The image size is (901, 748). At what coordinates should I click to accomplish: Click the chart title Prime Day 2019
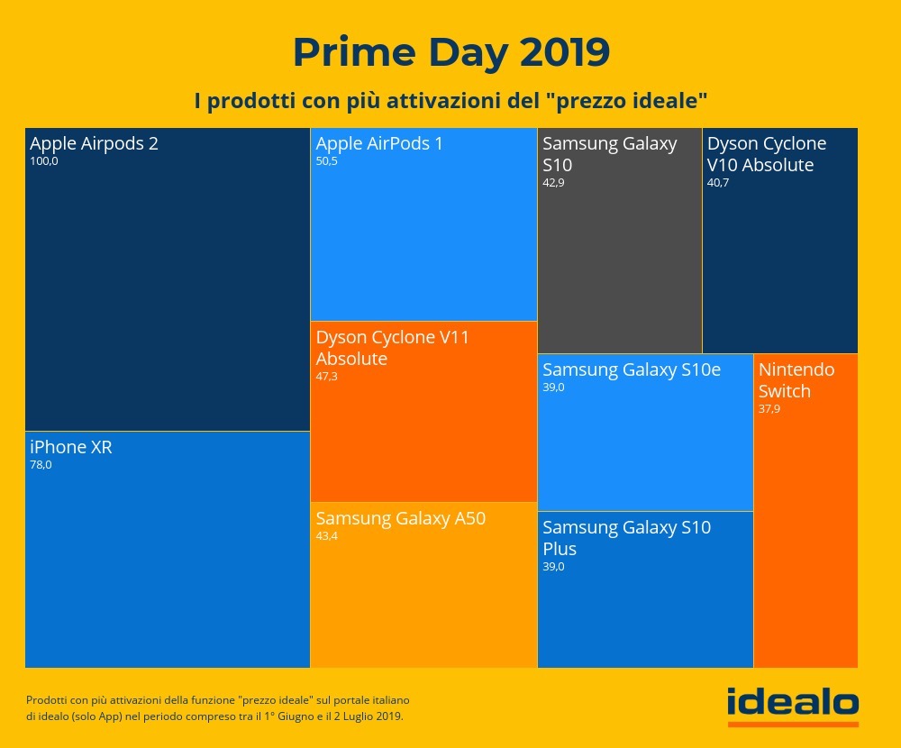click(450, 53)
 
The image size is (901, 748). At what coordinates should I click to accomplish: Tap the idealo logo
click(793, 704)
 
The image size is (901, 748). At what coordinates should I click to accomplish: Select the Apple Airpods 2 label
click(94, 143)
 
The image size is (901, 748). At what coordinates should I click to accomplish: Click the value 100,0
click(43, 162)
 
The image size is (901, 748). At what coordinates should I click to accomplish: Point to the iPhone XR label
click(71, 447)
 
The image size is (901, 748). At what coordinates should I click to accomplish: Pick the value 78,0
click(41, 466)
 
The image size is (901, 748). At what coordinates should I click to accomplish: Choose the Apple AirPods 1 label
click(379, 143)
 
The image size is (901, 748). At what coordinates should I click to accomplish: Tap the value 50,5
click(326, 162)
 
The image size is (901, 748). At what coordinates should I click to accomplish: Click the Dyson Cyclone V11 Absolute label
click(392, 348)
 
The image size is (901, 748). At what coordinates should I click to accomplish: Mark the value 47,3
click(326, 377)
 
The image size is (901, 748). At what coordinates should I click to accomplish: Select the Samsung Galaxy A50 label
click(400, 518)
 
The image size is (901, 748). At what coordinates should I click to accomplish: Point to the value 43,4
click(326, 537)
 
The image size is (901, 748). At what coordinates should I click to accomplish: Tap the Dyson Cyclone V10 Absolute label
click(766, 154)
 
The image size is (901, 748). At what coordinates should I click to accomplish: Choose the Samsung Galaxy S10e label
click(632, 369)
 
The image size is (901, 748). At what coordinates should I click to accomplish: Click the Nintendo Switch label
click(796, 380)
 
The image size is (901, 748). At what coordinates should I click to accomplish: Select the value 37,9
click(769, 409)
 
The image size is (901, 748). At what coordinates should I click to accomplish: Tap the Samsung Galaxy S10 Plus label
click(626, 538)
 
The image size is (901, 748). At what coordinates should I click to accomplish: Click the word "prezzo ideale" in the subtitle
click(625, 101)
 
